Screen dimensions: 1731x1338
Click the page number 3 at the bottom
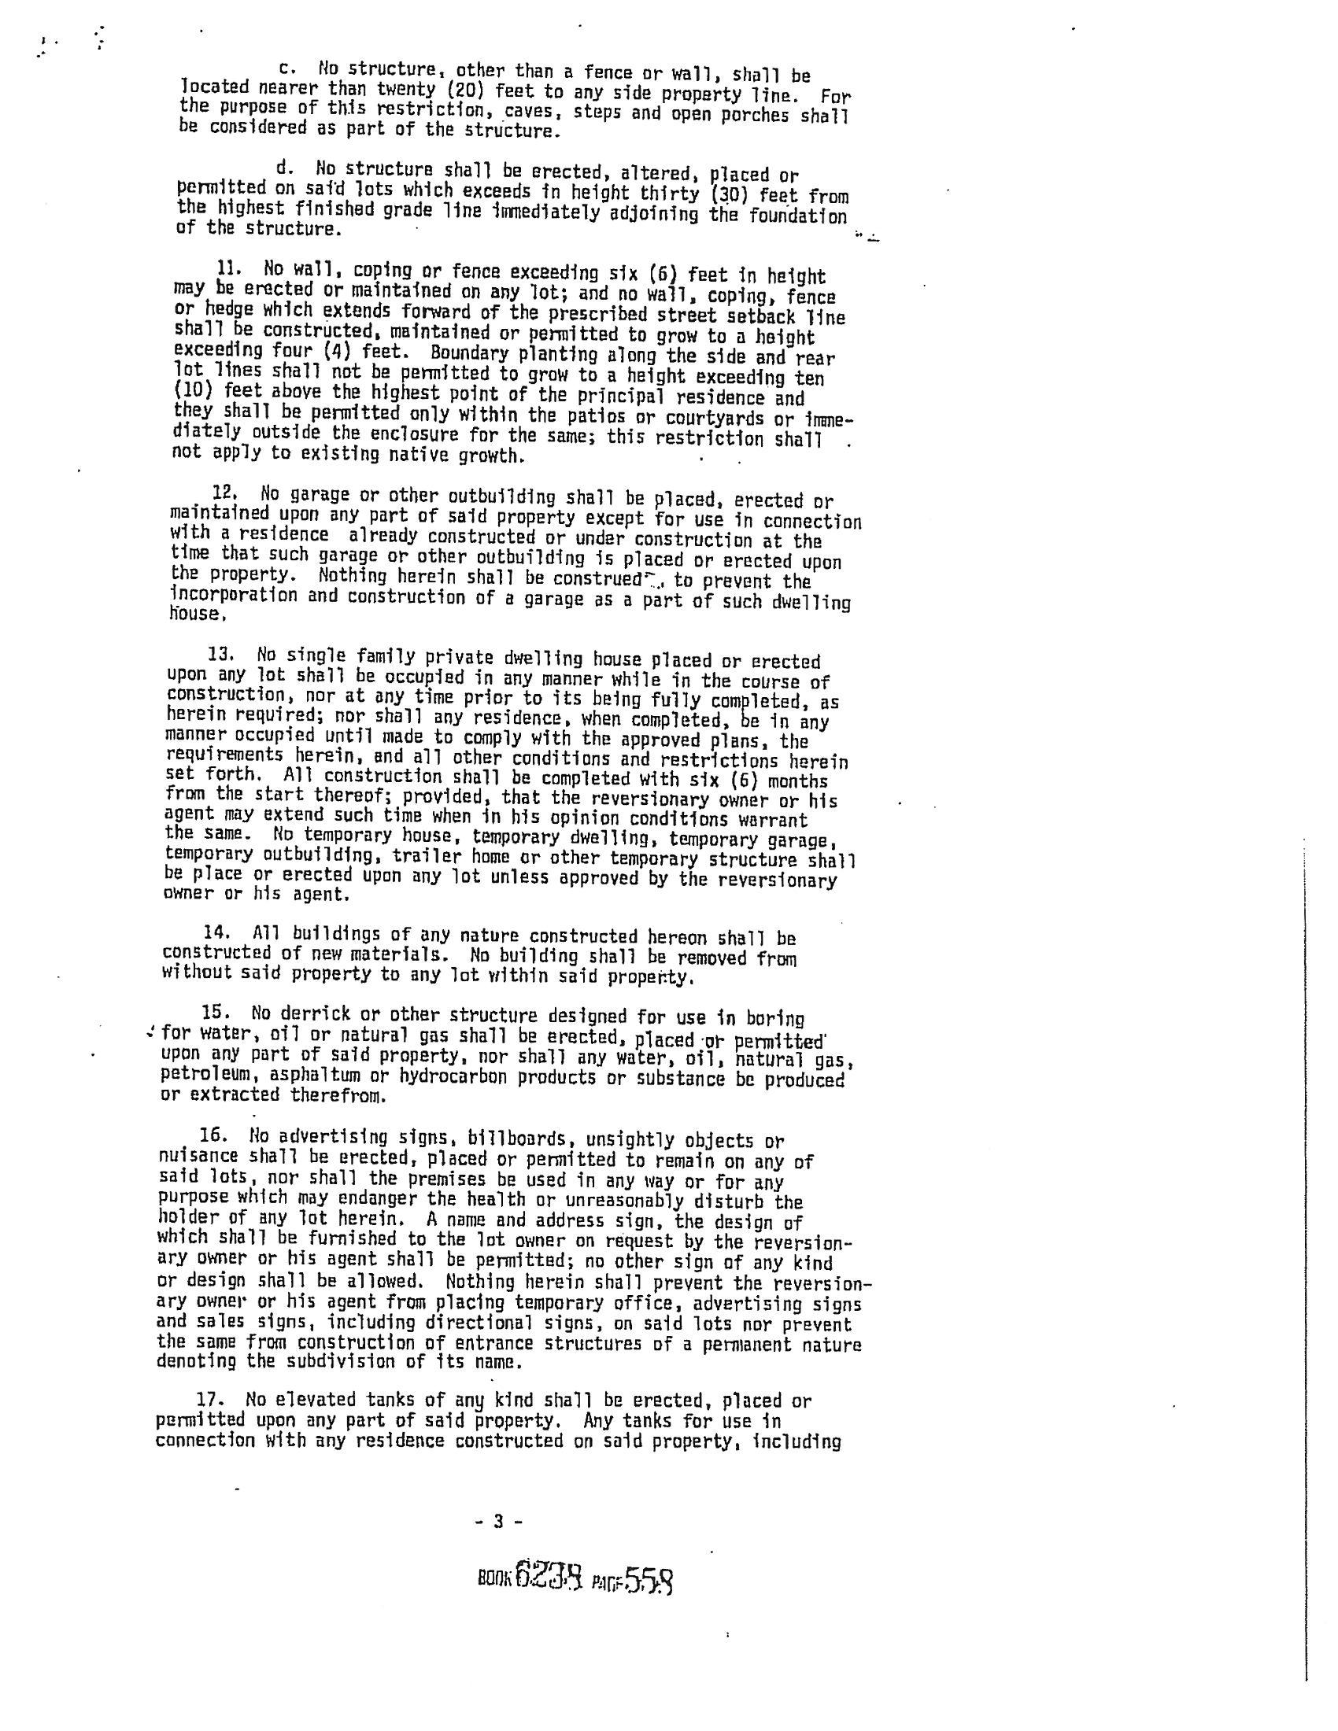[498, 1522]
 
